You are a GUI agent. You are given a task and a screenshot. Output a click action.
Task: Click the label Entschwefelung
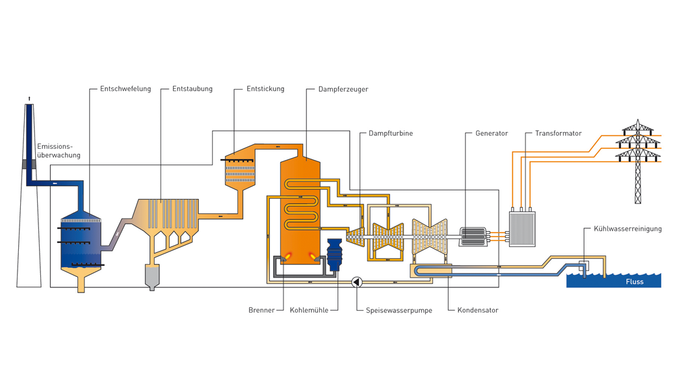coord(125,89)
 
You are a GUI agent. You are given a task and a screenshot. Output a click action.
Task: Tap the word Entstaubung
coord(192,89)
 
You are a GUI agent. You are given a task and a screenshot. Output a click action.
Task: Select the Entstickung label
coord(265,89)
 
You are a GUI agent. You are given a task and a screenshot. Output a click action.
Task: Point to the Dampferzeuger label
coord(343,89)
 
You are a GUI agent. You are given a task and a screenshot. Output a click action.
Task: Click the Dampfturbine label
coord(391,133)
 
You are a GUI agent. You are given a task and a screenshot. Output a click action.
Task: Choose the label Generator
coord(492,133)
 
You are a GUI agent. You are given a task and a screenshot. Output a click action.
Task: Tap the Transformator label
coord(559,133)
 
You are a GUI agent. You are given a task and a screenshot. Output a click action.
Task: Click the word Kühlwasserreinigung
coord(627,229)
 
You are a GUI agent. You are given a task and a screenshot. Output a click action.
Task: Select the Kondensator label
coord(478,310)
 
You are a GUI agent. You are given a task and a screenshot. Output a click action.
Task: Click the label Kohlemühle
coord(309,310)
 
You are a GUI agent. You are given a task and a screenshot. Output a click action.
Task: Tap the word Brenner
coord(261,310)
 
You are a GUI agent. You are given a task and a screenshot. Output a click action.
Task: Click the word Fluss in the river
coord(635,281)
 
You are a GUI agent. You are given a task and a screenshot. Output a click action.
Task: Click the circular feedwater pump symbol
coord(356,281)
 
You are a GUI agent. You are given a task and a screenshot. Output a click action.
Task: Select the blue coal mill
coord(334,254)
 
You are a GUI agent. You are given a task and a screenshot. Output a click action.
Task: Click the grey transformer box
coord(521,229)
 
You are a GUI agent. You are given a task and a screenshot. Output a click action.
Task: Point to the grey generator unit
coord(473,237)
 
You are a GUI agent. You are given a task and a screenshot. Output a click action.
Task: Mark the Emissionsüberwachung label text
coord(59,151)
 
